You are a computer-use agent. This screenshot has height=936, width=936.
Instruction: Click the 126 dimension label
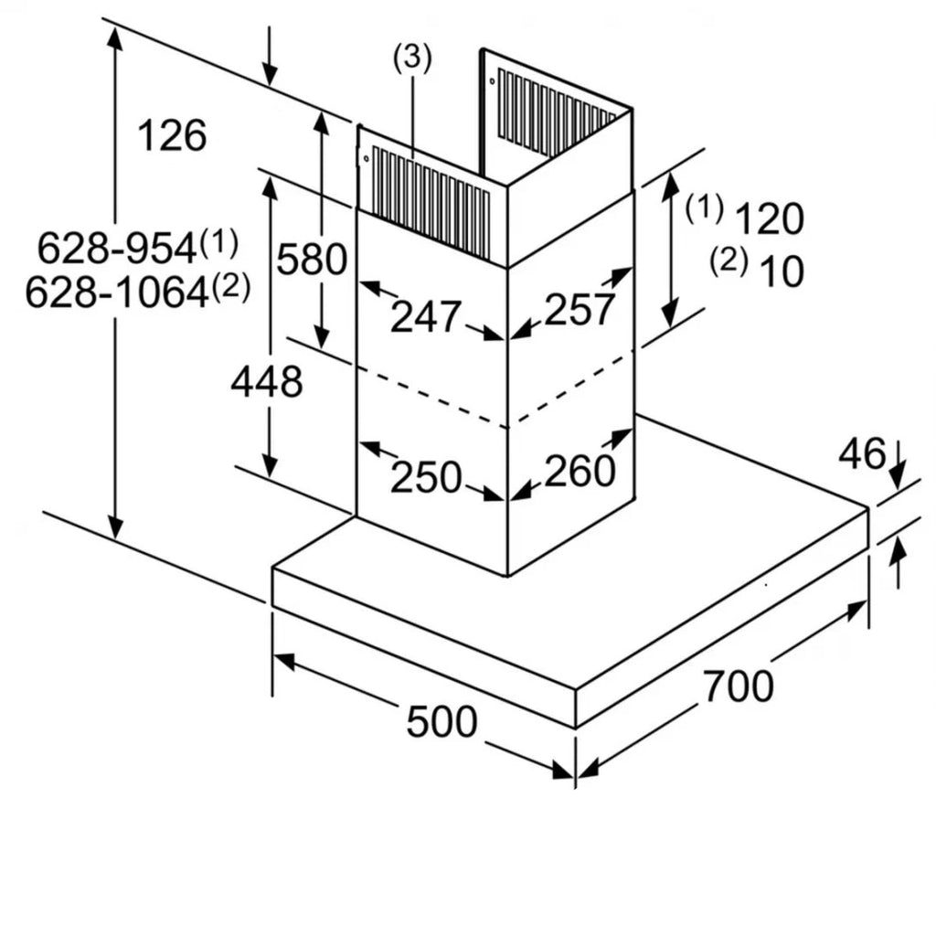pyautogui.click(x=172, y=135)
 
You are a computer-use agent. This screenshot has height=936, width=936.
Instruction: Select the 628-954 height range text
pyautogui.click(x=117, y=247)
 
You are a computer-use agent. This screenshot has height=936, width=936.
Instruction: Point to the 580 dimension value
pyautogui.click(x=312, y=260)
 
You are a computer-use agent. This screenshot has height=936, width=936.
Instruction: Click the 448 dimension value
pyautogui.click(x=266, y=381)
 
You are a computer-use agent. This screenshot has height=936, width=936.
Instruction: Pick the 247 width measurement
pyautogui.click(x=425, y=316)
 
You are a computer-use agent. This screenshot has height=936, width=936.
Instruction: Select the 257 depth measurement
pyautogui.click(x=580, y=309)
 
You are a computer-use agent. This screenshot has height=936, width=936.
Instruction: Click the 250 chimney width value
pyautogui.click(x=425, y=476)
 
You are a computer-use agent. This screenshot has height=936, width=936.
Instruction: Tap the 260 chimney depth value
pyautogui.click(x=580, y=471)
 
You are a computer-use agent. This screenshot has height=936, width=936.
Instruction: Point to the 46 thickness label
pyautogui.click(x=862, y=453)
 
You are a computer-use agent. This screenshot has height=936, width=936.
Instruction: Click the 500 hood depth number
pyautogui.click(x=441, y=722)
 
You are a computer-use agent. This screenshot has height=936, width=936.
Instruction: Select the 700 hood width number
pyautogui.click(x=738, y=686)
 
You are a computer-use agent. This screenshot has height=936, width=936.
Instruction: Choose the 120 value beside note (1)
pyautogui.click(x=769, y=219)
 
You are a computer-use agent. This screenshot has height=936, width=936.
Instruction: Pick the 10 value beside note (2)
pyautogui.click(x=781, y=271)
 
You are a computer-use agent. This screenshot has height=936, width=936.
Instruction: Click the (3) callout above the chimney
pyautogui.click(x=411, y=58)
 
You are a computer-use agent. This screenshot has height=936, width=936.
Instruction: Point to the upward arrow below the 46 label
pyautogui.click(x=899, y=562)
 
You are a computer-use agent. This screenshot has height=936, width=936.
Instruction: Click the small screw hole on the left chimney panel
pyautogui.click(x=366, y=159)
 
